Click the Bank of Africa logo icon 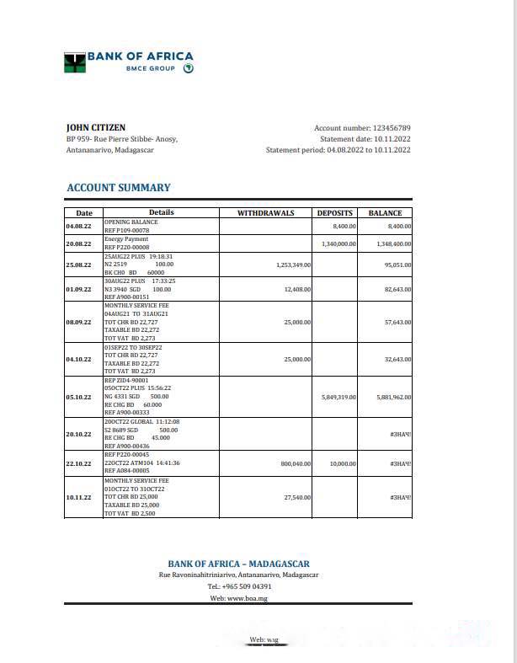point(75,61)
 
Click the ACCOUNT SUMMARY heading point(119,188)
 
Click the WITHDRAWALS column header point(266,213)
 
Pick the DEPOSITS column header point(335,213)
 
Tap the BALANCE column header point(386,213)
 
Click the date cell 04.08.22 point(78,226)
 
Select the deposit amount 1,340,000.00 point(338,243)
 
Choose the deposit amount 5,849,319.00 point(338,397)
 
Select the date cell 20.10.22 point(78,434)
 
